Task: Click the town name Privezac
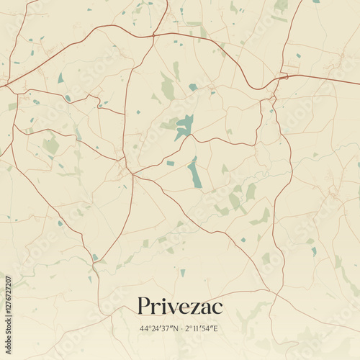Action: [x=180, y=307]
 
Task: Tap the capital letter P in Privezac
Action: [x=144, y=307]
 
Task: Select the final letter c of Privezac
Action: [x=217, y=309]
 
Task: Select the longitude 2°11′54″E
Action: [x=202, y=329]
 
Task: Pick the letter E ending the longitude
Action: [x=218, y=329]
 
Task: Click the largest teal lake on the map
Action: [x=184, y=127]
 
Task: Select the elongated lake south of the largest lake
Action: [x=195, y=173]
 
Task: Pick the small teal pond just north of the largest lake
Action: [x=193, y=87]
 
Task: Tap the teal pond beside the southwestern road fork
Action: [x=94, y=257]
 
